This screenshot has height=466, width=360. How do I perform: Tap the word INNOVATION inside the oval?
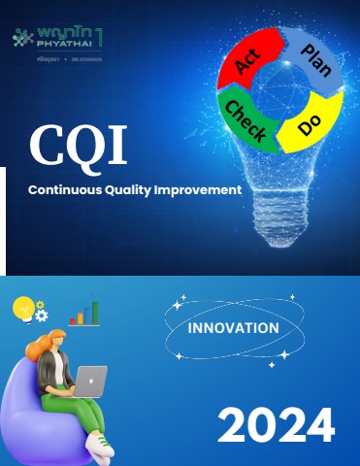[233, 327]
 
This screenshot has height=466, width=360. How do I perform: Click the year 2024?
[276, 425]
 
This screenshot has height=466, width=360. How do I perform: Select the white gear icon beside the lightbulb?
[41, 315]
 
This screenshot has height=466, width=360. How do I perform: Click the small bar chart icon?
[84, 313]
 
